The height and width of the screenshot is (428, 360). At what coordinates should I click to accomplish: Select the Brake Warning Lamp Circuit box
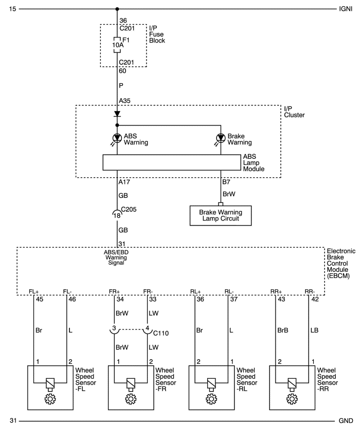pos(221,216)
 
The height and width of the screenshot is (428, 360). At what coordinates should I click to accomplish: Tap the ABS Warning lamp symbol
pos(118,138)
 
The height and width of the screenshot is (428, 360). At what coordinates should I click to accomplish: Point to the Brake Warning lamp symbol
pos(221,138)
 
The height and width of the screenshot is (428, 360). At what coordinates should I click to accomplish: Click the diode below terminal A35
pos(118,114)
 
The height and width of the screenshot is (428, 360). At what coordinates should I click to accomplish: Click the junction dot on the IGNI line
pos(118,9)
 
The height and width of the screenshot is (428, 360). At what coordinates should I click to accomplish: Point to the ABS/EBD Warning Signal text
pos(118,256)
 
